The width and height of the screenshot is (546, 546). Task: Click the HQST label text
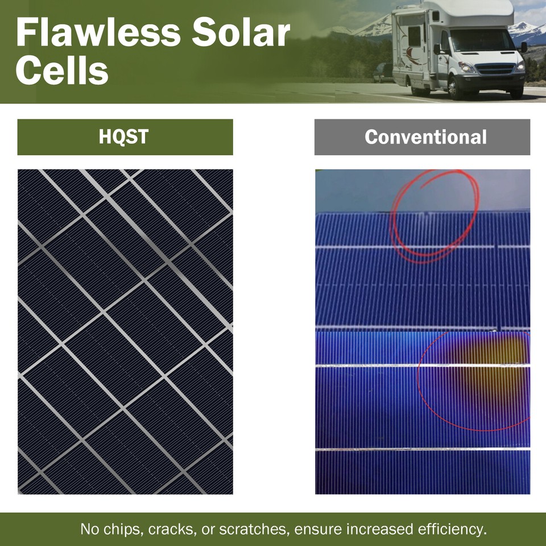pyautogui.click(x=125, y=137)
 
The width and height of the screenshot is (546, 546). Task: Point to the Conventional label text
pyautogui.click(x=425, y=137)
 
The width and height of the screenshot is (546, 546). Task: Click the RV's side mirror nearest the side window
pyautogui.click(x=437, y=48)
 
